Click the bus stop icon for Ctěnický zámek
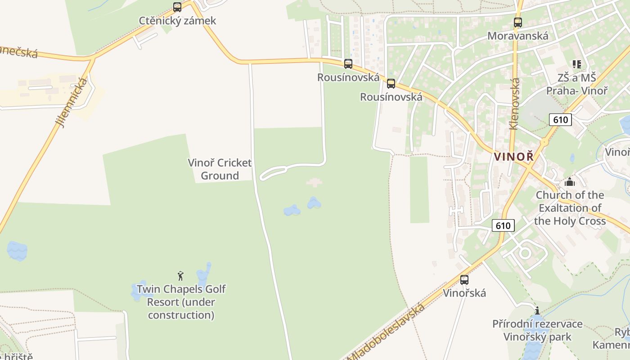click(x=177, y=7)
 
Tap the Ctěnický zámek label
click(x=177, y=21)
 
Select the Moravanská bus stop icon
click(x=518, y=22)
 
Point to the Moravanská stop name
click(x=518, y=36)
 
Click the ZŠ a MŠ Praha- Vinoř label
click(x=576, y=84)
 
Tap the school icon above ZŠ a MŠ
click(x=576, y=64)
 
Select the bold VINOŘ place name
click(x=514, y=157)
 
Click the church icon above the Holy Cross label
click(x=570, y=182)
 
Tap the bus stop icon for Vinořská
click(x=464, y=279)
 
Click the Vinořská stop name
click(x=464, y=293)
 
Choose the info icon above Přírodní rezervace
click(x=537, y=310)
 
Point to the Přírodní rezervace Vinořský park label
click(x=537, y=330)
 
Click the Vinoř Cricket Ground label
click(x=220, y=169)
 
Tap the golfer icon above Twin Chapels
click(x=180, y=275)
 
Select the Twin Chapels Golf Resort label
click(x=181, y=302)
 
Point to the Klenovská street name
click(x=515, y=104)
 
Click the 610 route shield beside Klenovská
click(x=560, y=120)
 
